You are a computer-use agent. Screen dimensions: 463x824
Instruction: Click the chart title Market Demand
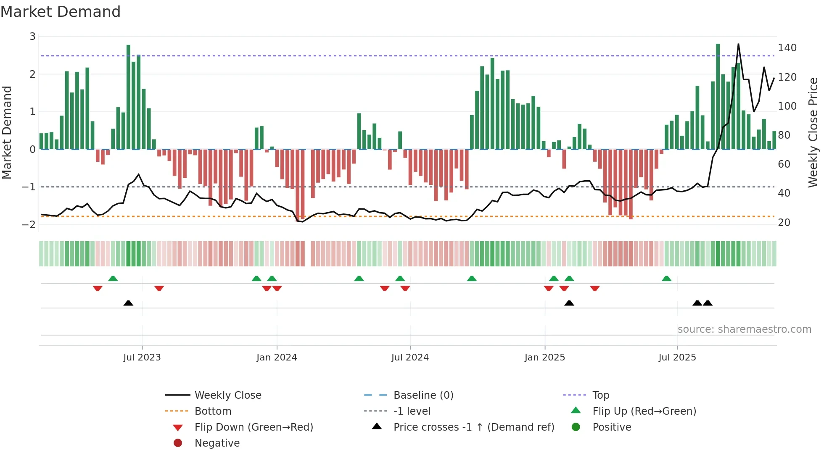61,12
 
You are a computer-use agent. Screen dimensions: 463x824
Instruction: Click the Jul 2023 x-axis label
142,357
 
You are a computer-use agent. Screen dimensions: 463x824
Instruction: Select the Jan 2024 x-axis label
277,357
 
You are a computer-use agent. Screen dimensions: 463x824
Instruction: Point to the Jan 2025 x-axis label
545,357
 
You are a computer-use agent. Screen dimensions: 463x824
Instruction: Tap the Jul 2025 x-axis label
677,357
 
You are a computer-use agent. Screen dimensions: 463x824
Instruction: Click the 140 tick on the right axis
787,48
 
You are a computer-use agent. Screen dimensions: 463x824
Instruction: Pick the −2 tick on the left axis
29,224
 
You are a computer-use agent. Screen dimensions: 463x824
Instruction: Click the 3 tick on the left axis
32,37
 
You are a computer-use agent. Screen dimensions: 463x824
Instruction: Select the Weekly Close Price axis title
813,132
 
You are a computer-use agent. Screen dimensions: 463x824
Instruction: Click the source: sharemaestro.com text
744,329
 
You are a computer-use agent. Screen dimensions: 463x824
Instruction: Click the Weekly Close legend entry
227,395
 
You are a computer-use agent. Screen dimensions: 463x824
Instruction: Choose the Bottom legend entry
213,411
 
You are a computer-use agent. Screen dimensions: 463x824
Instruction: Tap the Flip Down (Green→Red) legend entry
254,427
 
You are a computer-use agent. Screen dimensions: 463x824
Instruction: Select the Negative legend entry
217,443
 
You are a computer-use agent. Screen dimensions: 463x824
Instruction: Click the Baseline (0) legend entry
423,395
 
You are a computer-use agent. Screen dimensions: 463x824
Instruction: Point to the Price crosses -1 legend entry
473,427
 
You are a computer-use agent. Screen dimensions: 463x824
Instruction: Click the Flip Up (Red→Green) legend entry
644,411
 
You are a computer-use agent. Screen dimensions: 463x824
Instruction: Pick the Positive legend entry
612,427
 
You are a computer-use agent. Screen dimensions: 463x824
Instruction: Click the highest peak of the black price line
738,44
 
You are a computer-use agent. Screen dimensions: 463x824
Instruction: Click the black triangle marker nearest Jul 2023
128,303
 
